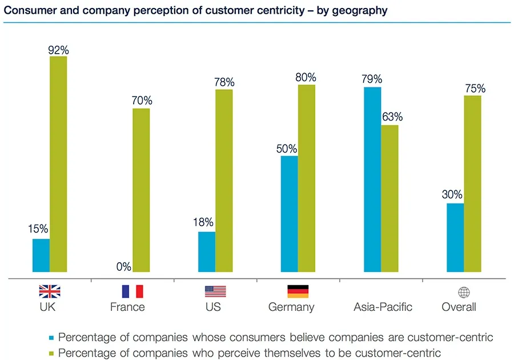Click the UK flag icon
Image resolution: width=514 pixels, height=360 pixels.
point(49,291)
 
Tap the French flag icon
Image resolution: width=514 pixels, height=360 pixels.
point(132,291)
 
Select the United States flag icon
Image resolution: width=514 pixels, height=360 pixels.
point(215,291)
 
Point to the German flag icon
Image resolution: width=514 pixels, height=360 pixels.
point(298,291)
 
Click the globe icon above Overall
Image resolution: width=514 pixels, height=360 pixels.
point(464,292)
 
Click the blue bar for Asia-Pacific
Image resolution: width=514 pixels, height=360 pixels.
point(372,179)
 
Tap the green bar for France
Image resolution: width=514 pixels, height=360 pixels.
point(141,190)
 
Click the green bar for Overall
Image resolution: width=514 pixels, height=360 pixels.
point(472,183)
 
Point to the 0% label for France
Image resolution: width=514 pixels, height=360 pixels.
point(123,266)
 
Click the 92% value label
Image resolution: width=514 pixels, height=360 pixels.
point(59,50)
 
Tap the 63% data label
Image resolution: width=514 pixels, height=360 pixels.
point(392,117)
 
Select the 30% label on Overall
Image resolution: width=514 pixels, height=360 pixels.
point(455,195)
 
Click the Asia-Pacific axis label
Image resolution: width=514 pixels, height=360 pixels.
point(383,307)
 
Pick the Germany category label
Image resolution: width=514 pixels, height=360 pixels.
point(291,307)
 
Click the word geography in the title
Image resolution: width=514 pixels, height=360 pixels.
point(360,10)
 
